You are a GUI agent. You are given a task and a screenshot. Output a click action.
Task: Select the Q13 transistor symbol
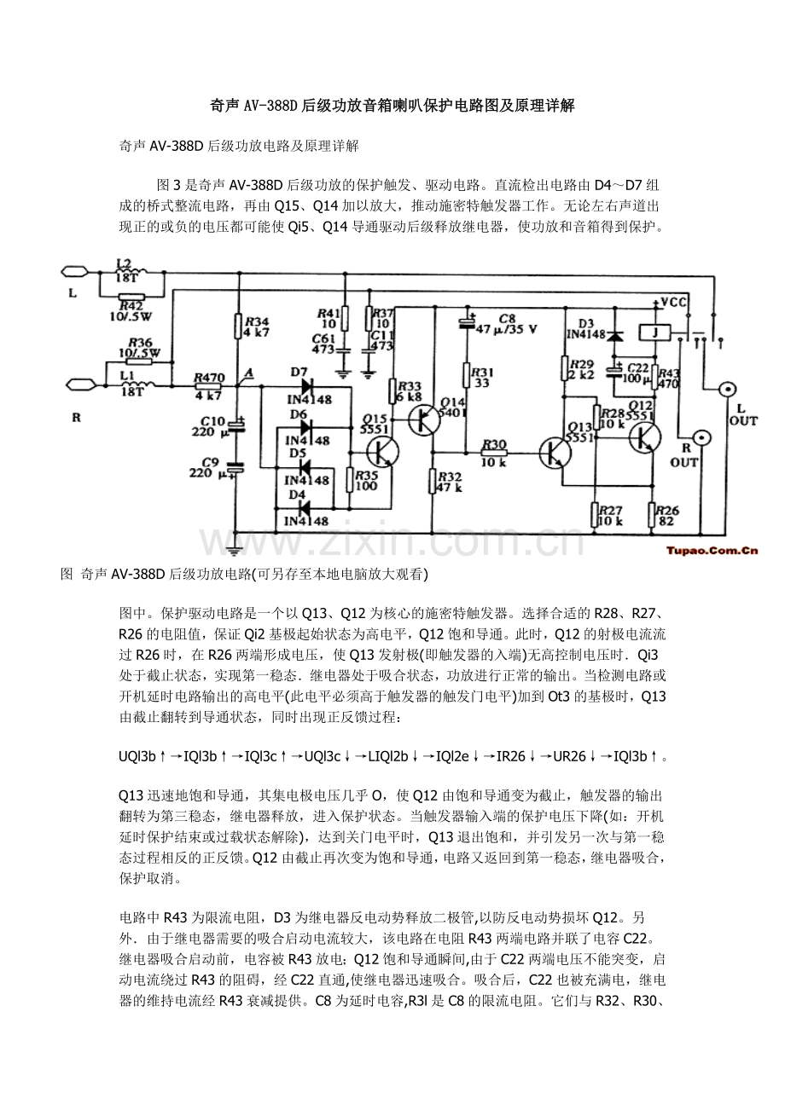coord(555,451)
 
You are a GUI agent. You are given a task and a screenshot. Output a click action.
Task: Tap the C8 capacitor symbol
coord(468,323)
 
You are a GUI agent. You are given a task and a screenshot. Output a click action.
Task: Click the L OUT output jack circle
coord(727,390)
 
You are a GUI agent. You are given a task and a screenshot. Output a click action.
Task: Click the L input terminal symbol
coord(73,272)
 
